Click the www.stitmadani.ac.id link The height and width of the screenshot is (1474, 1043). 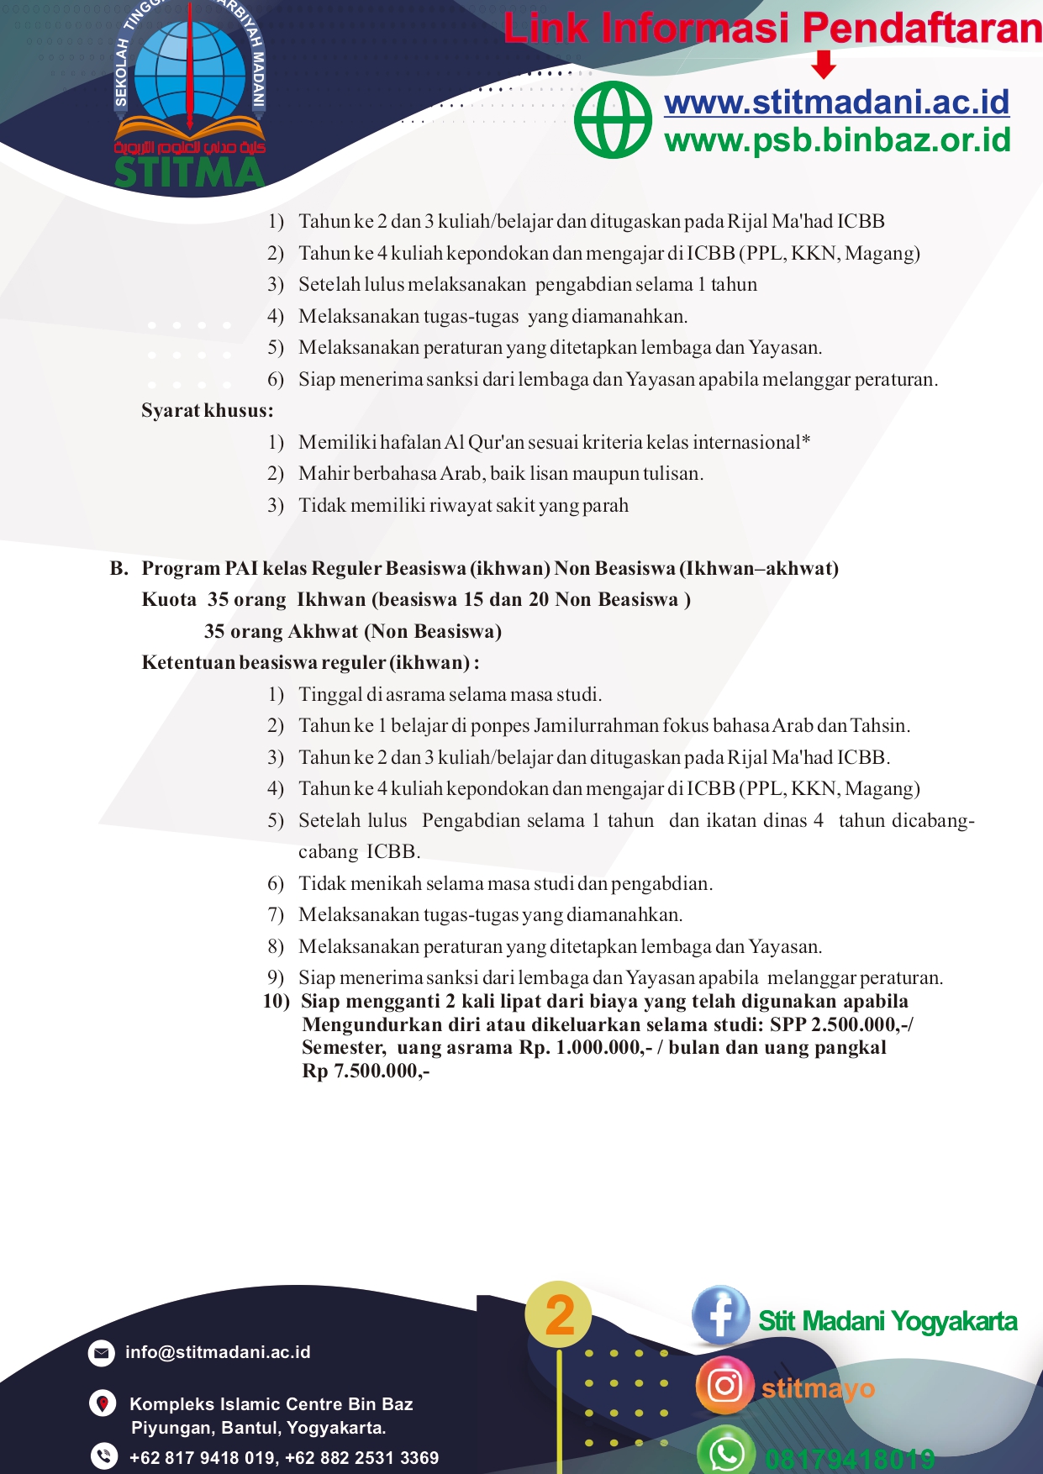(836, 103)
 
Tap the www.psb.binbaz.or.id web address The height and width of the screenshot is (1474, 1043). (837, 140)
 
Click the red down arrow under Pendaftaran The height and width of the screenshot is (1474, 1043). (824, 64)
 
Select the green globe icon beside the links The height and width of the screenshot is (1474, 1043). (613, 120)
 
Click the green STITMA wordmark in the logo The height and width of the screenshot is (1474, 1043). (189, 172)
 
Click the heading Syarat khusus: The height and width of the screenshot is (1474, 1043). (207, 411)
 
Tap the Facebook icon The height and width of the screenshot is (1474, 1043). (720, 1315)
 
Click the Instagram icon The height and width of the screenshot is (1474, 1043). (724, 1385)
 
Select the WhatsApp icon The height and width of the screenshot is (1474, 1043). (725, 1451)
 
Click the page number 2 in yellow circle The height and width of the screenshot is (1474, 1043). (559, 1315)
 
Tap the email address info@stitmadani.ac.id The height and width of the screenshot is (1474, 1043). (218, 1352)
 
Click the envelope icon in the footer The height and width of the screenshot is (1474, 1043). (102, 1353)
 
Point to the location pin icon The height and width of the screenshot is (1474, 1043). (103, 1403)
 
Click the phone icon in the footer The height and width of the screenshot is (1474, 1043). (103, 1456)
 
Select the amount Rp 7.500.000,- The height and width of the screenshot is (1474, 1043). (366, 1071)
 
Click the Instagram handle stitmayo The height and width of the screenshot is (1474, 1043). (818, 1388)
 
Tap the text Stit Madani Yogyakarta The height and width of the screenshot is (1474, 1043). (888, 1321)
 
